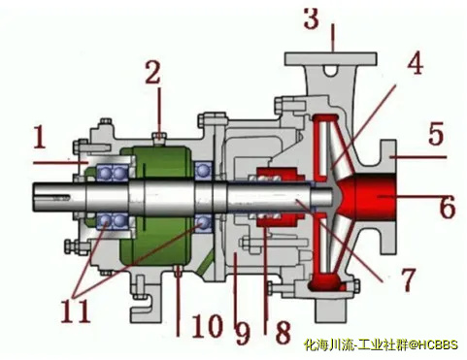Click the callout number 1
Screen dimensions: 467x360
[x=41, y=137]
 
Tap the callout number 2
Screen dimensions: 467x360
[x=152, y=73]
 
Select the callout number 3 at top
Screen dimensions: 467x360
[x=312, y=18]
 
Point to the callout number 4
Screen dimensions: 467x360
[x=415, y=62]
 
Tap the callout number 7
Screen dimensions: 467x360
[x=407, y=279]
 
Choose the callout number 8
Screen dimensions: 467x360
[x=283, y=332]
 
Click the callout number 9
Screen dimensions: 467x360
[x=242, y=334]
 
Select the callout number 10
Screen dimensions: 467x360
[x=208, y=325]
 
